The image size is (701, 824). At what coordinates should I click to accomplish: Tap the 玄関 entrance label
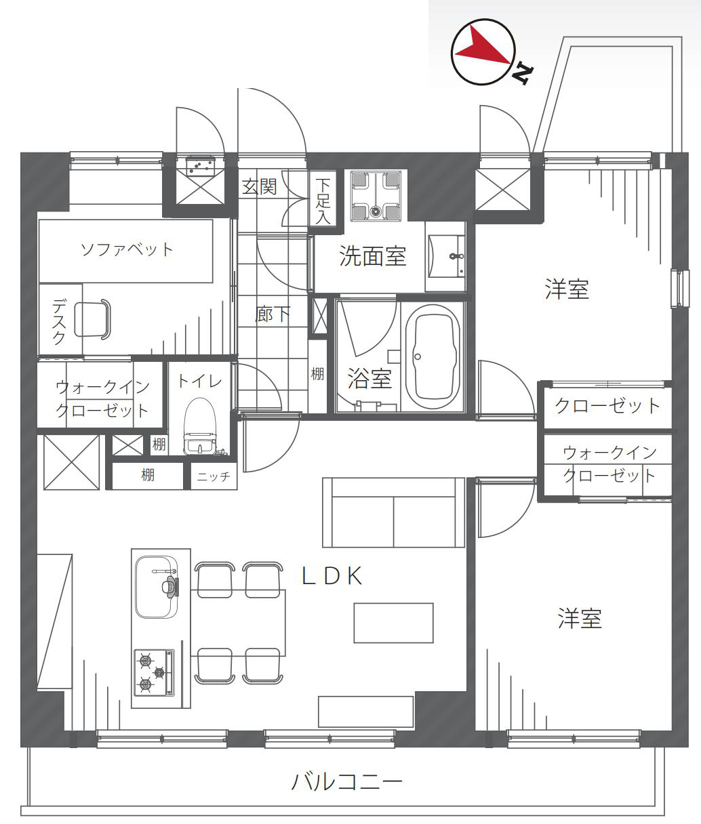point(259,186)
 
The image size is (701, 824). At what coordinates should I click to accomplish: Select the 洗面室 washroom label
point(373,256)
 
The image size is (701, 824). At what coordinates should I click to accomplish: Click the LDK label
point(332,575)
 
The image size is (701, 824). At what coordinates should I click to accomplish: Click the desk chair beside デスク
point(92,319)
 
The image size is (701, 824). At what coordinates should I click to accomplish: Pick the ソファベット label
point(127,250)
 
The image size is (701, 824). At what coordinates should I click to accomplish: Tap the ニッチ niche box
point(214,476)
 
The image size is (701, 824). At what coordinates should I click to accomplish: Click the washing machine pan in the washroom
point(376,195)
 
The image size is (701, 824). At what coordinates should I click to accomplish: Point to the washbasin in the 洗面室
point(447,256)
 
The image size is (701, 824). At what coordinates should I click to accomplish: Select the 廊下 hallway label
point(273,314)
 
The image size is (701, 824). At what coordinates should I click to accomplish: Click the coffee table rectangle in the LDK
point(394,623)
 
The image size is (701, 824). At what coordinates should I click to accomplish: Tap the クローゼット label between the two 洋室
point(607,406)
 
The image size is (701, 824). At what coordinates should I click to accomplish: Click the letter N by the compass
point(523,74)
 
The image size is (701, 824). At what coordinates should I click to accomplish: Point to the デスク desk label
point(59,321)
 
